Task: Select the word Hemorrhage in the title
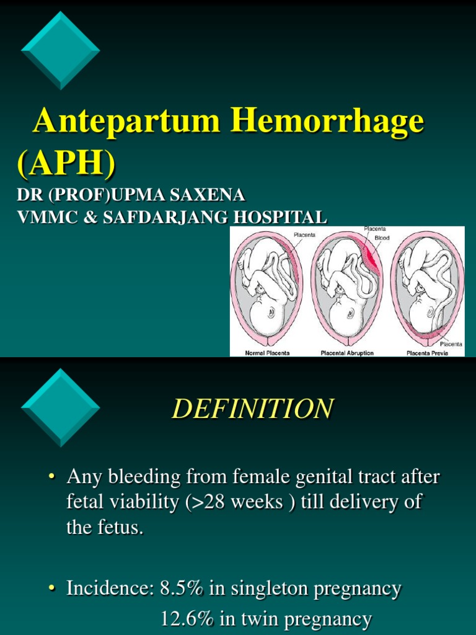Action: coord(327,122)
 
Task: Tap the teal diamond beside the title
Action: coord(60,50)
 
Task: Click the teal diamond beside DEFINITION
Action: coord(60,407)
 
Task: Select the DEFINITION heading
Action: coord(252,409)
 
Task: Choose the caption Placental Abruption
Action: coord(347,352)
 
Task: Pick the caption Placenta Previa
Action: coord(427,352)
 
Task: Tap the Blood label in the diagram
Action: coord(382,237)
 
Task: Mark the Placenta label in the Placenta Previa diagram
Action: coord(451,344)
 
